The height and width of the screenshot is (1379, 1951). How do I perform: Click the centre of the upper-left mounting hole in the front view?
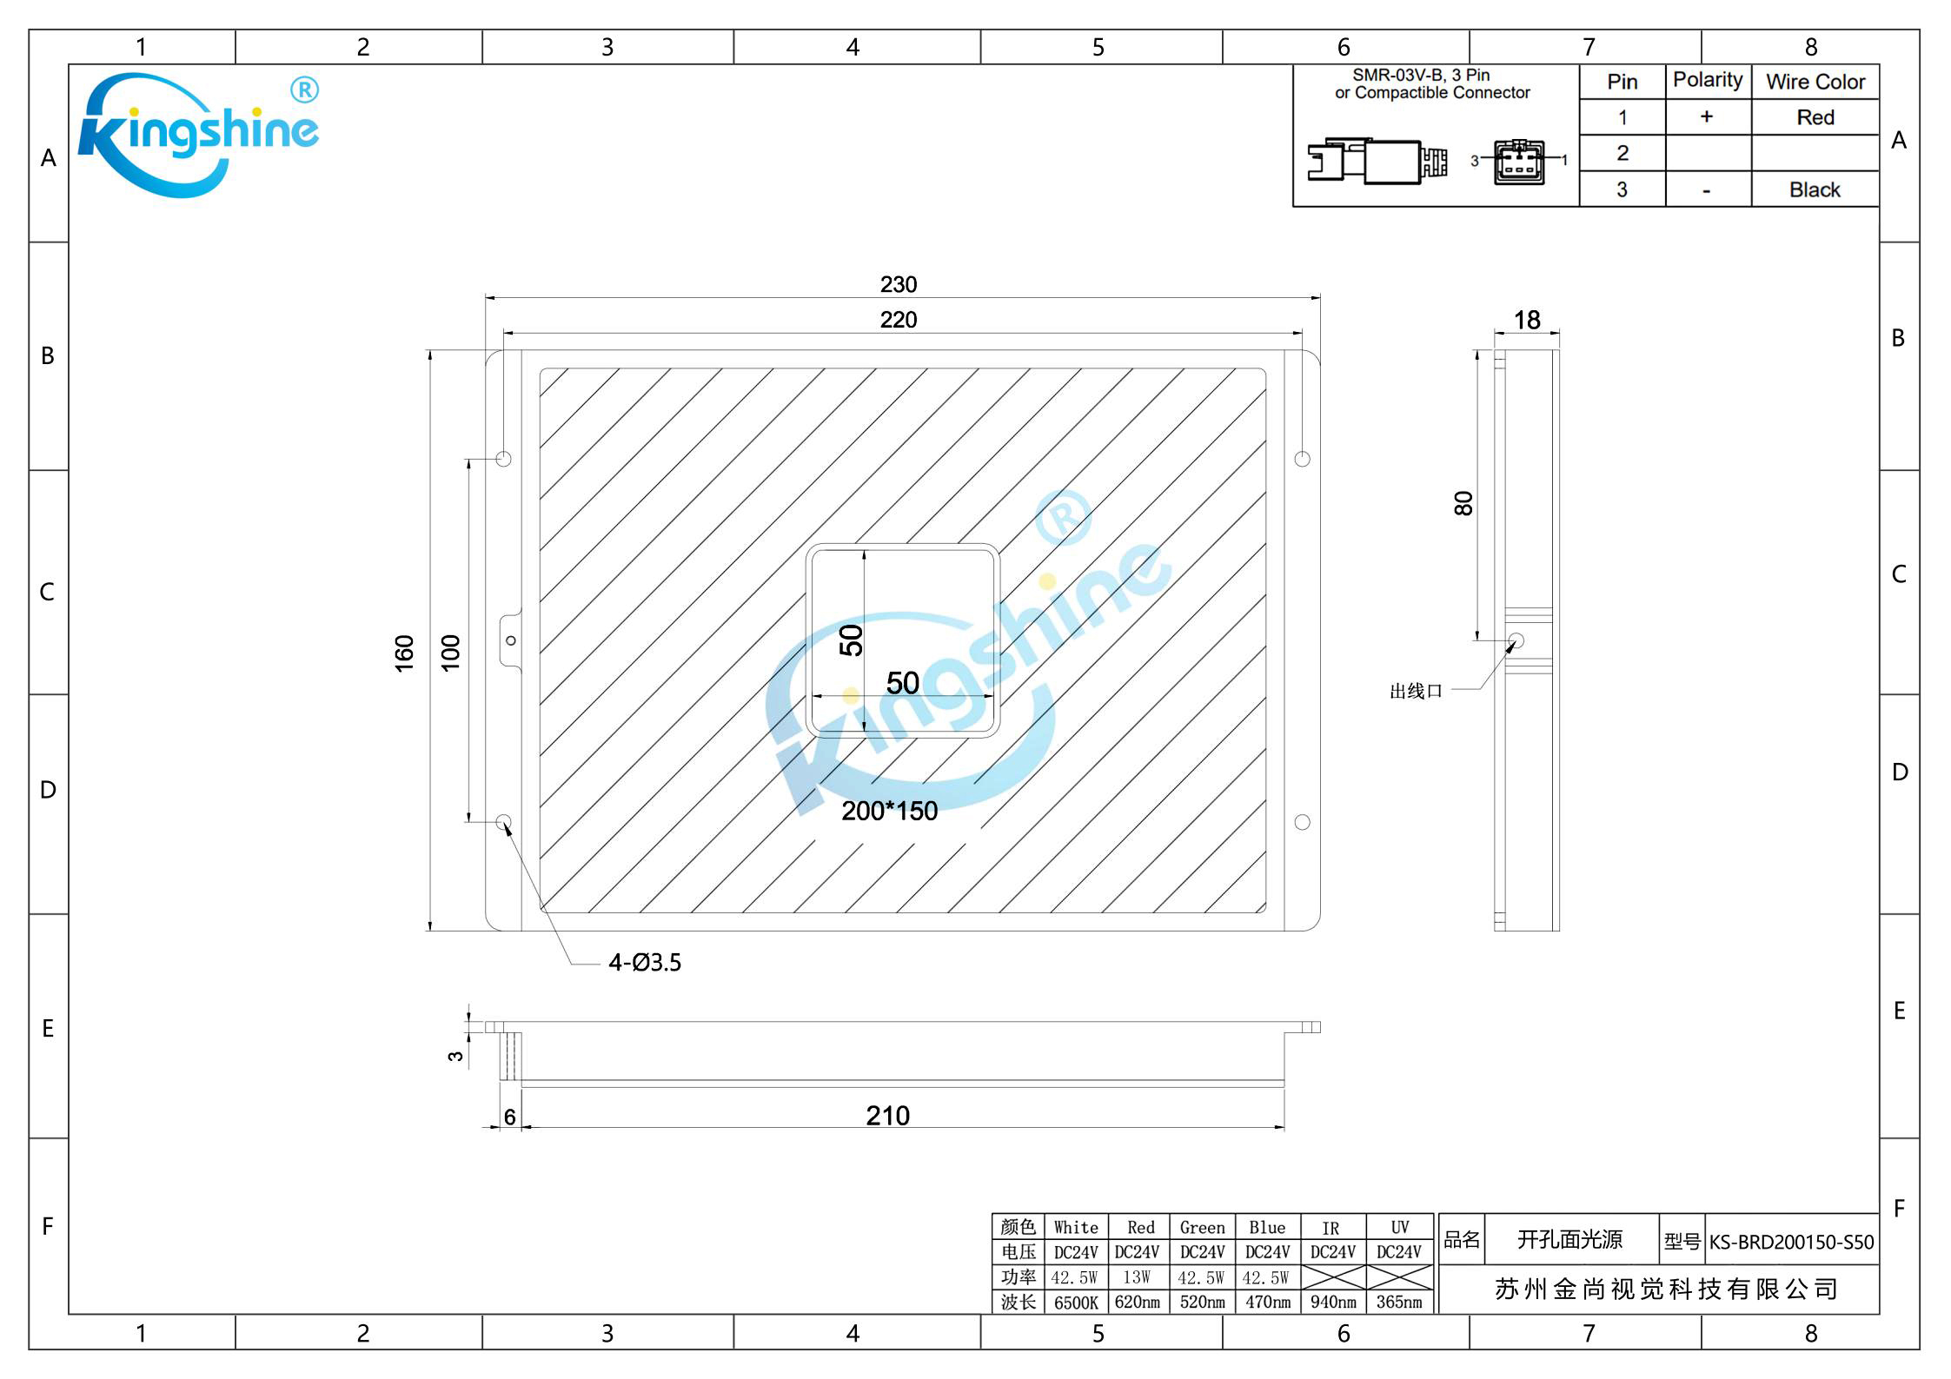tap(503, 459)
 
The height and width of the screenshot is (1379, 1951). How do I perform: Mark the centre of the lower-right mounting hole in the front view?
tap(1302, 822)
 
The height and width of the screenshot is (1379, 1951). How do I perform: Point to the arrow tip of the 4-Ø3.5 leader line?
tap(505, 824)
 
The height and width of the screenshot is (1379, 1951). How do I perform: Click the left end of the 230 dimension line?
tap(486, 298)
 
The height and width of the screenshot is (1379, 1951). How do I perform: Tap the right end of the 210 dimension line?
tap(1284, 1128)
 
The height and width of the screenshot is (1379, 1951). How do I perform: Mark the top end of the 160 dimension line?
tap(430, 351)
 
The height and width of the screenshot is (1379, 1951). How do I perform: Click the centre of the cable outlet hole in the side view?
tap(1516, 641)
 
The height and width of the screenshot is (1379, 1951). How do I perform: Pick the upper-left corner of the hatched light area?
tap(540, 369)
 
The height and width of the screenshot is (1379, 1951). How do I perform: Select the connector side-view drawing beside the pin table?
tap(1378, 161)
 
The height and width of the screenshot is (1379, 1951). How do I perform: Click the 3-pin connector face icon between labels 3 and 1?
tap(1519, 162)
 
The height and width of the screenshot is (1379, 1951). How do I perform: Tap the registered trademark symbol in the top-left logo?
tap(303, 90)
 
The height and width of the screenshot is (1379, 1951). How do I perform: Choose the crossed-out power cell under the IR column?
tap(1333, 1277)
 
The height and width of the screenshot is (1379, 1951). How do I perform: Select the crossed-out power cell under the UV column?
tap(1399, 1277)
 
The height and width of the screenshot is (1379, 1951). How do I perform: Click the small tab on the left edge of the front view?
tap(512, 641)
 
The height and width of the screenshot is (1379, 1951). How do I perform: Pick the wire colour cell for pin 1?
tap(1815, 117)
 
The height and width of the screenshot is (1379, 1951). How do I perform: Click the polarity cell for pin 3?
tap(1708, 189)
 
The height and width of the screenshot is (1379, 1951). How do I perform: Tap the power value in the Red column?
tap(1137, 1277)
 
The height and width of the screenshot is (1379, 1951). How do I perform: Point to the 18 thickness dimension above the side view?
tap(1527, 320)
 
